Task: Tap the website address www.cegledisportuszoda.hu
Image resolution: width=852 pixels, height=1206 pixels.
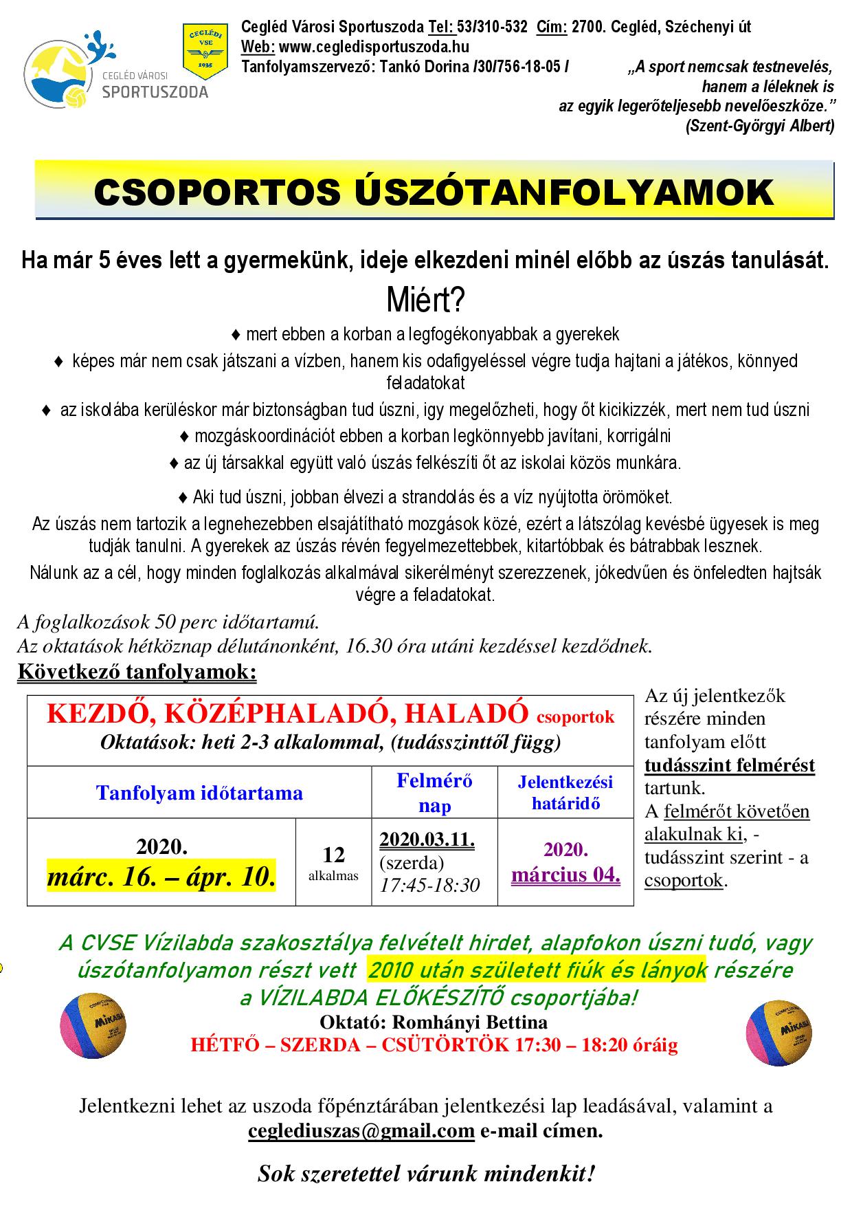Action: pyautogui.click(x=374, y=47)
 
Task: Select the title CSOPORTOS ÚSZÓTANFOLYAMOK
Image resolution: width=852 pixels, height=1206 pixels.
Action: pyautogui.click(x=434, y=193)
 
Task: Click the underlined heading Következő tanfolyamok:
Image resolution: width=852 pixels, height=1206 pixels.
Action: pyautogui.click(x=137, y=671)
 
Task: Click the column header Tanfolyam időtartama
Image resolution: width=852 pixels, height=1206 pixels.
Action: pyautogui.click(x=199, y=793)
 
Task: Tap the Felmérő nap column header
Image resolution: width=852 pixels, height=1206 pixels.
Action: pyautogui.click(x=435, y=793)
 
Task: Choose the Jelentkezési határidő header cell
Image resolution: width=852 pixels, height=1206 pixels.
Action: pyautogui.click(x=565, y=793)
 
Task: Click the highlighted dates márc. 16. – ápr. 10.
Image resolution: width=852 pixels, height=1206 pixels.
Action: pyautogui.click(x=161, y=877)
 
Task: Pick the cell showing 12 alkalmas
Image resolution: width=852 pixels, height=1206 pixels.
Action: pyautogui.click(x=333, y=862)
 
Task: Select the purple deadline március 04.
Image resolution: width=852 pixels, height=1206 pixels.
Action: pyautogui.click(x=565, y=875)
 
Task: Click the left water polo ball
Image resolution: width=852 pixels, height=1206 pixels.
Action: pyautogui.click(x=94, y=1028)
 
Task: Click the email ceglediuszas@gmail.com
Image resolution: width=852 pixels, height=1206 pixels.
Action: pyautogui.click(x=361, y=1130)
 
